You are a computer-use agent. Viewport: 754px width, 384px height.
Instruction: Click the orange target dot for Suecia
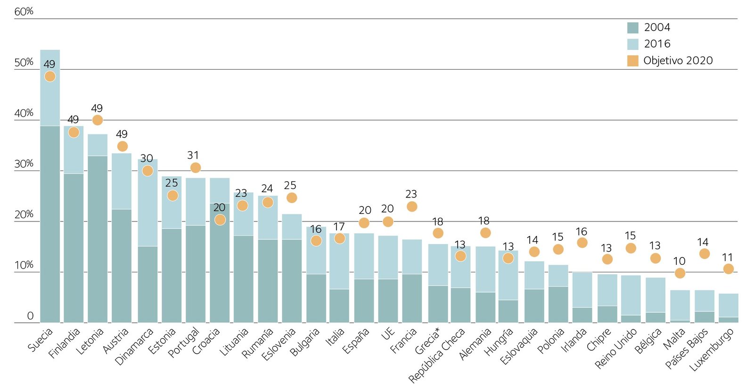pos(50,76)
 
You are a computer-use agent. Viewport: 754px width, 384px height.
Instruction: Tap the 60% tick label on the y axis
pos(24,12)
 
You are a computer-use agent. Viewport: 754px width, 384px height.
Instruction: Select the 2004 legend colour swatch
pos(632,28)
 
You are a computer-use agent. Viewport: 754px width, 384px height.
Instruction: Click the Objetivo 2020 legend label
pos(678,60)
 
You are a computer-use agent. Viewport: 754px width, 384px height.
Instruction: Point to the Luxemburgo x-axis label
pos(712,349)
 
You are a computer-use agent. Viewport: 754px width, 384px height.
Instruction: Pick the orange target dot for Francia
pos(412,206)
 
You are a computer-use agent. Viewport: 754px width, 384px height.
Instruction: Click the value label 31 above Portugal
pos(193,155)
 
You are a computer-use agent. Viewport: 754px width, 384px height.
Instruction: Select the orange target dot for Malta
pos(680,273)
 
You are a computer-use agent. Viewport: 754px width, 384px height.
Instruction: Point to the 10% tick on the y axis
pos(24,265)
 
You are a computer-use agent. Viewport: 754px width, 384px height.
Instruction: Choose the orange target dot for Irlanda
pos(582,243)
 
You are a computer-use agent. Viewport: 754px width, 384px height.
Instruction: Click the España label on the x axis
pos(356,341)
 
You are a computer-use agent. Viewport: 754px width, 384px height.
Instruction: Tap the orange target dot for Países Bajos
pos(705,254)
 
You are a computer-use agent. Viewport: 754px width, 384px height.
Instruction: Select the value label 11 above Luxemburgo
pos(727,258)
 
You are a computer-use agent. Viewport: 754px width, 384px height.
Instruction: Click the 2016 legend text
pos(657,44)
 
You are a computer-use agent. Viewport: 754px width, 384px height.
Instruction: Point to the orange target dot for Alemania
pos(485,233)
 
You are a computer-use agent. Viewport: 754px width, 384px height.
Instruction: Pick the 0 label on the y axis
pos(30,316)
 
